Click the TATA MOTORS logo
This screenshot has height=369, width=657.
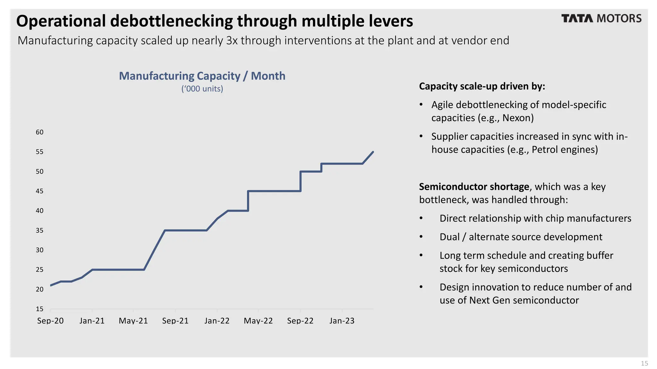click(x=601, y=19)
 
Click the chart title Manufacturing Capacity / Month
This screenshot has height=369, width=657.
click(x=202, y=76)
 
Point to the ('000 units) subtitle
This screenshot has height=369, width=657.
click(x=202, y=89)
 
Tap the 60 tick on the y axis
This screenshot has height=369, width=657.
click(x=39, y=132)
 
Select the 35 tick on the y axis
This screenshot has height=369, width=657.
click(x=39, y=231)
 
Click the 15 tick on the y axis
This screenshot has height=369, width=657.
click(x=39, y=309)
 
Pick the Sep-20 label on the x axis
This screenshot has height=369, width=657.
click(x=50, y=321)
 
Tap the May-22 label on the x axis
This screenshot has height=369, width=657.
click(x=258, y=321)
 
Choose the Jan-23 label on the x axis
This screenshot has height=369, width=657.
click(x=342, y=321)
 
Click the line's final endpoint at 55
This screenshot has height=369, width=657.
click(x=373, y=152)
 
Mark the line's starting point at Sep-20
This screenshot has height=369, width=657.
click(x=51, y=285)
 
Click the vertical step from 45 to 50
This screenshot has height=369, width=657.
click(x=301, y=181)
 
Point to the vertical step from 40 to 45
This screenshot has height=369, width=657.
click(x=248, y=201)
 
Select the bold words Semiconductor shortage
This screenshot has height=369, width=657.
click(x=474, y=187)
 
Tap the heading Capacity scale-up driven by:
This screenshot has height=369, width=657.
click(x=482, y=86)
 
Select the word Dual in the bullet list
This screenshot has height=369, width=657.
click(x=449, y=237)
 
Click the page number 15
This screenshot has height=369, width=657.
click(x=644, y=363)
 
